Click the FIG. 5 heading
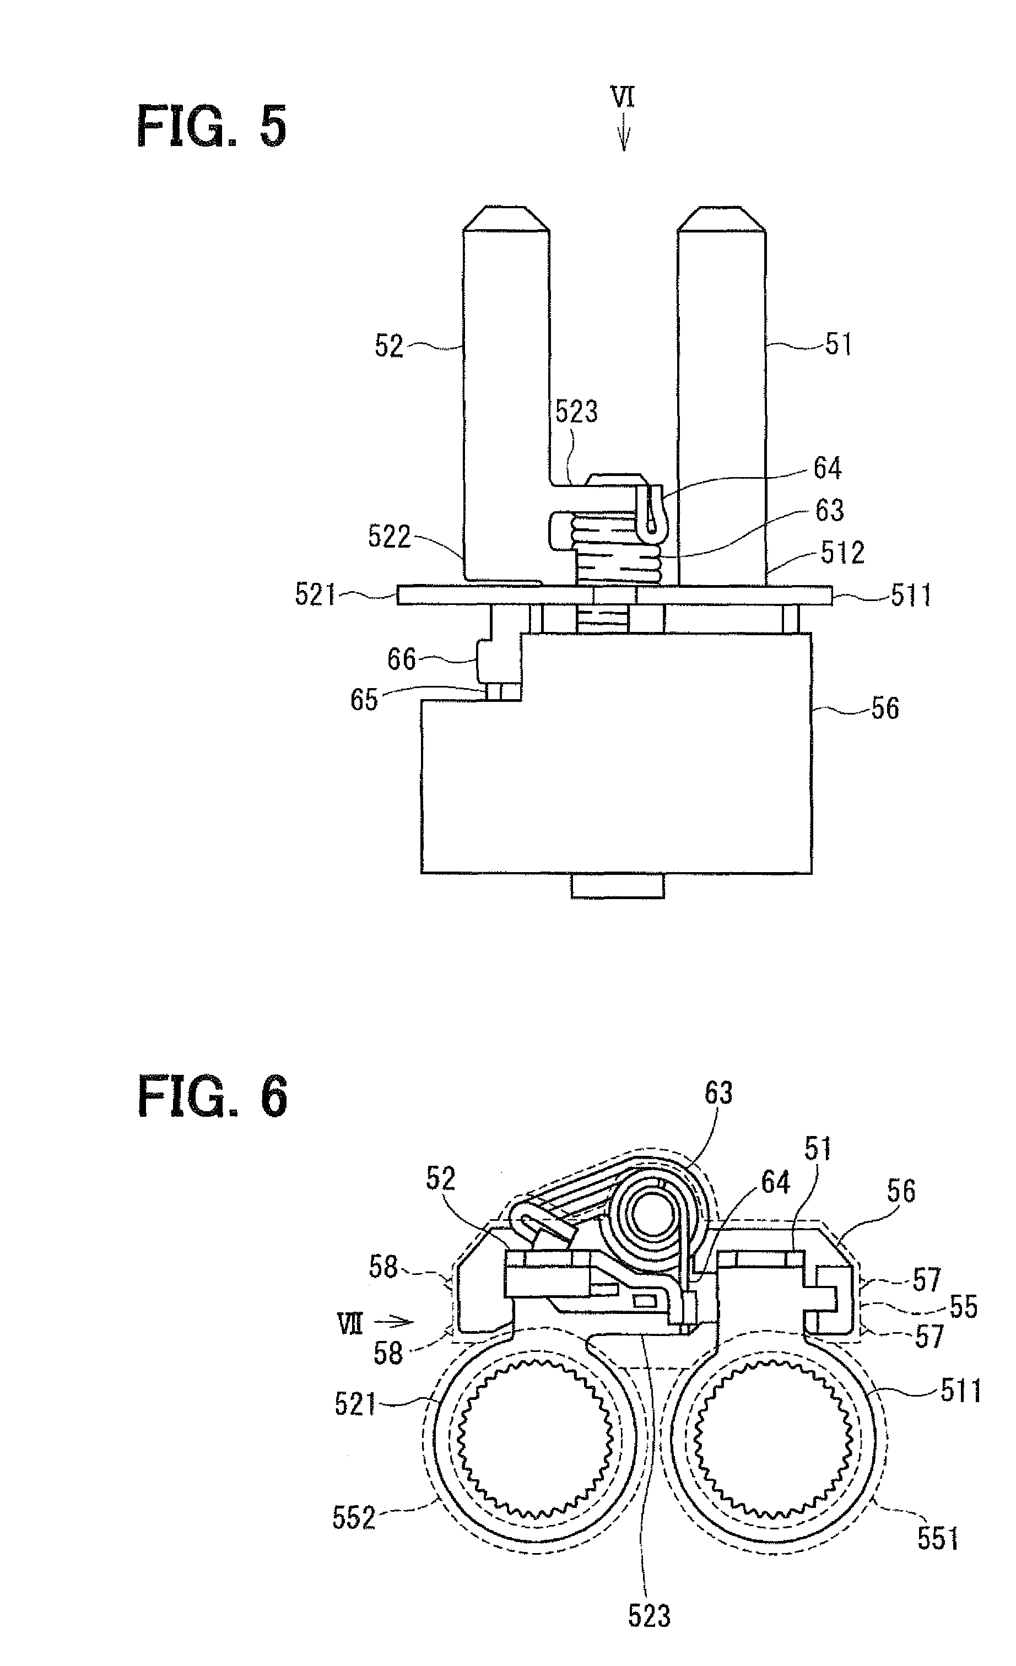pyautogui.click(x=212, y=127)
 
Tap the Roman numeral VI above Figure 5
pyautogui.click(x=623, y=97)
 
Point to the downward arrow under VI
pyautogui.click(x=623, y=133)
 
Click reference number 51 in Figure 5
pyautogui.click(x=838, y=344)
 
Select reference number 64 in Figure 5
pyautogui.click(x=828, y=468)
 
